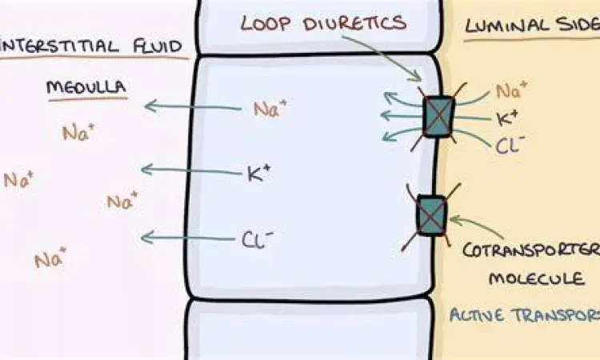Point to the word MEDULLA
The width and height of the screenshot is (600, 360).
coord(86,86)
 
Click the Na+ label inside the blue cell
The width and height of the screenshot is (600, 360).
coord(270,109)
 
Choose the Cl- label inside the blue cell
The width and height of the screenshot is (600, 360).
coord(258,239)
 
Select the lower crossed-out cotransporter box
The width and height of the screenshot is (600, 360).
coord(432,215)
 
